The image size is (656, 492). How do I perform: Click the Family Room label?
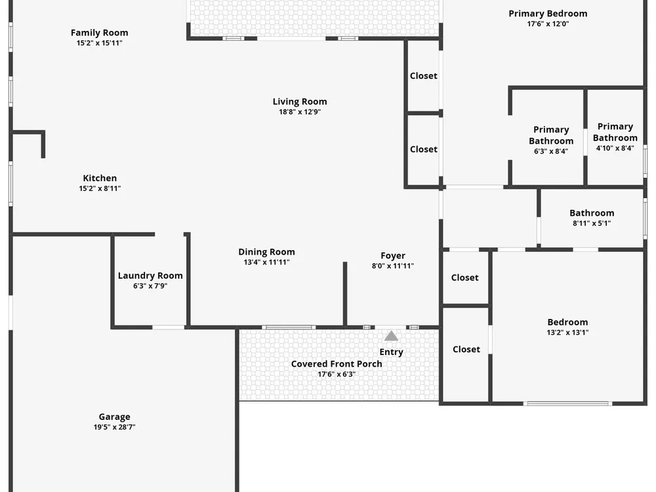tap(100, 33)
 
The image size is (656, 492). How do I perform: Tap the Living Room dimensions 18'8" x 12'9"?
tap(300, 112)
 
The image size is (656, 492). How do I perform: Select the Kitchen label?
tap(100, 178)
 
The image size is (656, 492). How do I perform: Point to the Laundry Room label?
tap(150, 276)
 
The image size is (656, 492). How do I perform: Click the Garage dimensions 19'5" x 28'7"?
tap(115, 427)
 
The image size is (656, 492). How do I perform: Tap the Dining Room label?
tap(266, 252)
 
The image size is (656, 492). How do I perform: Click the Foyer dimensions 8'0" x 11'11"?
tap(393, 266)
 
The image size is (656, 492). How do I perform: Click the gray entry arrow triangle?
tap(391, 336)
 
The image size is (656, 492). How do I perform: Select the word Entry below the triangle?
tap(391, 352)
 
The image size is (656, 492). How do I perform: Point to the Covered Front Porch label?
tap(337, 364)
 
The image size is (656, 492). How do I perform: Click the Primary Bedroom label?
tap(548, 14)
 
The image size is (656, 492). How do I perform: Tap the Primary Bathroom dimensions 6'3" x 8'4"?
tap(551, 152)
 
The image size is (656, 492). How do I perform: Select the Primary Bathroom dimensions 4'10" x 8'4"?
tap(615, 148)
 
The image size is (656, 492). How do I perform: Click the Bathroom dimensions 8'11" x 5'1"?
tap(592, 224)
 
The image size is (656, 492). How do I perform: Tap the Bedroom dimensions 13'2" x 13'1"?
tap(567, 333)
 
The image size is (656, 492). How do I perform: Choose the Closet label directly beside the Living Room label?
tap(424, 75)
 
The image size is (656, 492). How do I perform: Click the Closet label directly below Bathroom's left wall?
tap(465, 277)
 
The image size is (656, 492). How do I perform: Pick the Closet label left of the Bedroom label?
tap(466, 350)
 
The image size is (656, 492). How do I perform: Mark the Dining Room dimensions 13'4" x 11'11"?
tap(266, 262)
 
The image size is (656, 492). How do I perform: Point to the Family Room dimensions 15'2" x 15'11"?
tap(100, 43)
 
